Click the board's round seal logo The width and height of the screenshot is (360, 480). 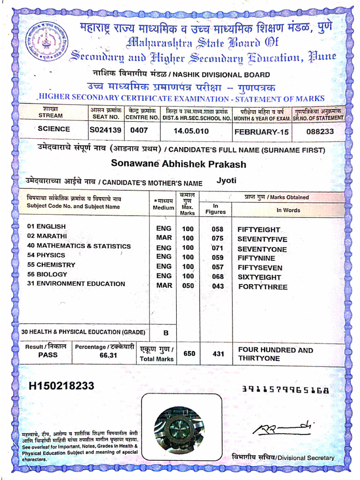pos(46,42)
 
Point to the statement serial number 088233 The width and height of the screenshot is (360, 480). pos(320,132)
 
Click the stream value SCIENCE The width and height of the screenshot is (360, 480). pos(54,129)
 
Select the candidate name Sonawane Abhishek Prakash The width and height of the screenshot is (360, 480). pos(178,164)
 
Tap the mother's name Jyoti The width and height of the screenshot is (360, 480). pos(226,180)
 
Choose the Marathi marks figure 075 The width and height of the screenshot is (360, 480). pos(218,238)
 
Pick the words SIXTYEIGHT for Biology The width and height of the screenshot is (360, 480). pos(259,277)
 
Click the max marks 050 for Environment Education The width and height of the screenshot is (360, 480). pos(188,285)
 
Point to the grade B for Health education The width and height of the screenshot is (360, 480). pos(165,333)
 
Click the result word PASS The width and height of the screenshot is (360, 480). pos(48,355)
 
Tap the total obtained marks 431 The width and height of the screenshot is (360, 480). pos(218,354)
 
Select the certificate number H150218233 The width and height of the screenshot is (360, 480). pos(62,386)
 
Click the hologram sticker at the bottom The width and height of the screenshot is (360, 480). pos(179,427)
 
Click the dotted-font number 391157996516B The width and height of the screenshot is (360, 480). pos(285,390)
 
